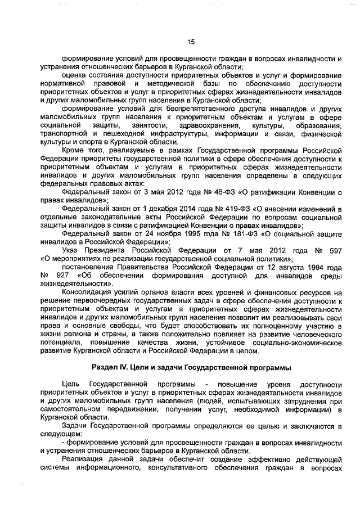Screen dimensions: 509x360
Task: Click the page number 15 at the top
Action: coord(191,42)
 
